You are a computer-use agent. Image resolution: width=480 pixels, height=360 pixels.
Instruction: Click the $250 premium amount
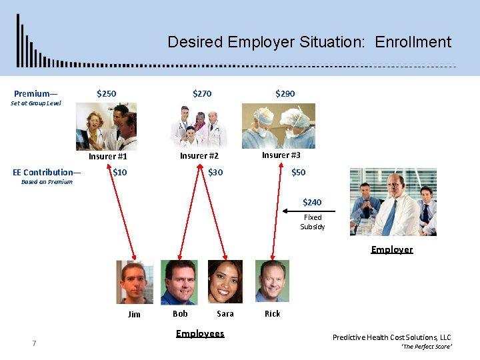point(107,94)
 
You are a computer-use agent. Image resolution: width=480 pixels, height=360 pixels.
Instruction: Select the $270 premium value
point(202,94)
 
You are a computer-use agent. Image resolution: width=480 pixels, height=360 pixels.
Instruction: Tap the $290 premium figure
point(285,94)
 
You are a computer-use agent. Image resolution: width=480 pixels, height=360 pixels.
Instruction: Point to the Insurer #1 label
point(108,157)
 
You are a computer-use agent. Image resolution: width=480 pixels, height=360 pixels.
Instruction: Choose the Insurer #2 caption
point(199,156)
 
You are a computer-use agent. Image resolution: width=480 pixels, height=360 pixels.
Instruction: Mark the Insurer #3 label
point(281,155)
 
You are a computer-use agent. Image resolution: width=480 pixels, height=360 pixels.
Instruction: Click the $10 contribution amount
point(120,173)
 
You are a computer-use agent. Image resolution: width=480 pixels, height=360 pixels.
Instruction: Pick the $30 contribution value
point(215,173)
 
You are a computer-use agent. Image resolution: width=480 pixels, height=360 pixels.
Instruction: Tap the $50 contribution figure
point(298,173)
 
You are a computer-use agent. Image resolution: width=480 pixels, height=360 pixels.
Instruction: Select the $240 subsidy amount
point(312,202)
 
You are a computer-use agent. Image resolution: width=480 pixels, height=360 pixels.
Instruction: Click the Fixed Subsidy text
point(313,222)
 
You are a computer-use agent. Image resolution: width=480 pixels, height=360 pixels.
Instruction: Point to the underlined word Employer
point(392,249)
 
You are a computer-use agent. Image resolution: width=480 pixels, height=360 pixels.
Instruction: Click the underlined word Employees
point(200,333)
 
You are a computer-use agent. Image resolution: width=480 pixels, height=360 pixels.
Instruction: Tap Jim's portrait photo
point(135,282)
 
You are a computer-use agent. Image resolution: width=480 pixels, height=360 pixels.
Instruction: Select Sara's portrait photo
point(225,282)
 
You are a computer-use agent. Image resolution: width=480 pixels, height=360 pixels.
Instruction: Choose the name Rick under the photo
point(273,313)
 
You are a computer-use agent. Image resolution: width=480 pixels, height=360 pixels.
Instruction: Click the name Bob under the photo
point(180,313)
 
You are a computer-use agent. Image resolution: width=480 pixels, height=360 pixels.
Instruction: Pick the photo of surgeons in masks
point(279,125)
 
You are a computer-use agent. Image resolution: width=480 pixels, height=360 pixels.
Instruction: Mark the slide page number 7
point(34,343)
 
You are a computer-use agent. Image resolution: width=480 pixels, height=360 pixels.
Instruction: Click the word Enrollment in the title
point(413,42)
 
